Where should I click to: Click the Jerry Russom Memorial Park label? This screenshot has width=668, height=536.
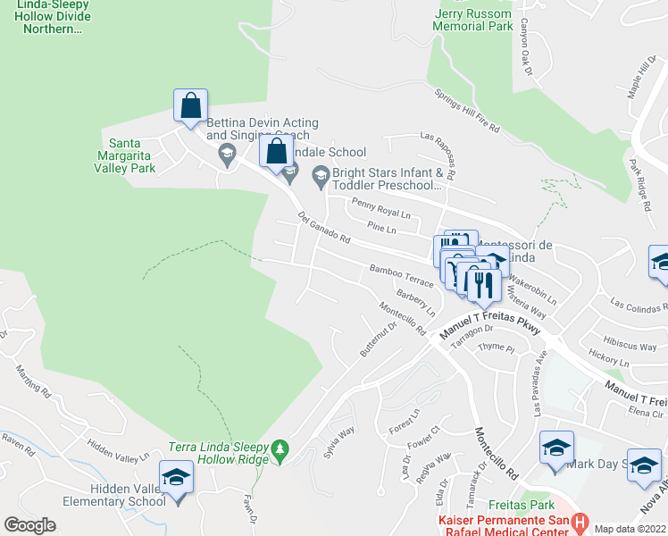472,21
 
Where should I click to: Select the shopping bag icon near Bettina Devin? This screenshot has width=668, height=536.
190,106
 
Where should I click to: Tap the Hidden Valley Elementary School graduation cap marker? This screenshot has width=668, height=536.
176,479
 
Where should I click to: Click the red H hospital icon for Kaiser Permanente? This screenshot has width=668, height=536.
580,520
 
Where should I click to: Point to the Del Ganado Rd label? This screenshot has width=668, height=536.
323,230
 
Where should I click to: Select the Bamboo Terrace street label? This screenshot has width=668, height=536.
401,275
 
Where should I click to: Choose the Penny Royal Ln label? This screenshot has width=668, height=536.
380,208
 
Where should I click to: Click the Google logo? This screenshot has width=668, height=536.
29,525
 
